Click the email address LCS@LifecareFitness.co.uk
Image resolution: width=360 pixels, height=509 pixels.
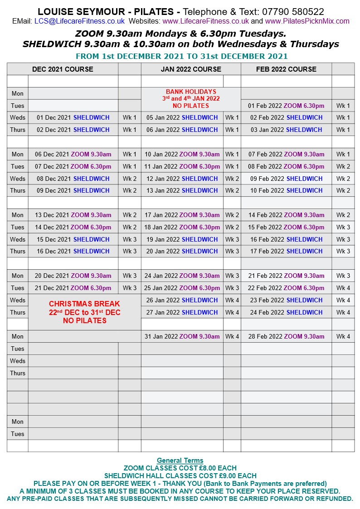(79, 21)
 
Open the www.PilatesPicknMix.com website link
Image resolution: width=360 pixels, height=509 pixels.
(307, 21)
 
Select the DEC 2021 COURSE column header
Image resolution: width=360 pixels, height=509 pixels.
(63, 69)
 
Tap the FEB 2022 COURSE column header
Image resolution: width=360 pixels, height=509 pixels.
(286, 69)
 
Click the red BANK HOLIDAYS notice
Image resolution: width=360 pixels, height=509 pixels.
(191, 99)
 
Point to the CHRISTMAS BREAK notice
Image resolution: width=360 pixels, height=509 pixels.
(84, 312)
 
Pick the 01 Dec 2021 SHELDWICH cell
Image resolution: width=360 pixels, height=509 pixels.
(73, 118)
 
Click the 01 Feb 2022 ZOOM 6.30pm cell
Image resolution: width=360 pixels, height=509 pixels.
(286, 106)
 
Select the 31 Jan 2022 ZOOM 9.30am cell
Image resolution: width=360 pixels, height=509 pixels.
(182, 336)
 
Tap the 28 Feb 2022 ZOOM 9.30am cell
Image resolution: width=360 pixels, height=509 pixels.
(286, 336)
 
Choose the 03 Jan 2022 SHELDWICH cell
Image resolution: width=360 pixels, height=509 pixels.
(286, 130)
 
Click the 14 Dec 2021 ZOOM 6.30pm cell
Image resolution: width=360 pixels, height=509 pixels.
(73, 227)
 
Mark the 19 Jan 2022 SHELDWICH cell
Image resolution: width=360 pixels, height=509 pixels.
(182, 239)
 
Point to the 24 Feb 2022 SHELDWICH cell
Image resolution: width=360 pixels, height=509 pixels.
(286, 312)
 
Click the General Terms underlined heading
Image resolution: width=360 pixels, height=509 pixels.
(180, 461)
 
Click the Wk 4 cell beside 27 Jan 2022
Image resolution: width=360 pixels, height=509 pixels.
(232, 312)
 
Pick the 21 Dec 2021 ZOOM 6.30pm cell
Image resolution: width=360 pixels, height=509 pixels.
(73, 288)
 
